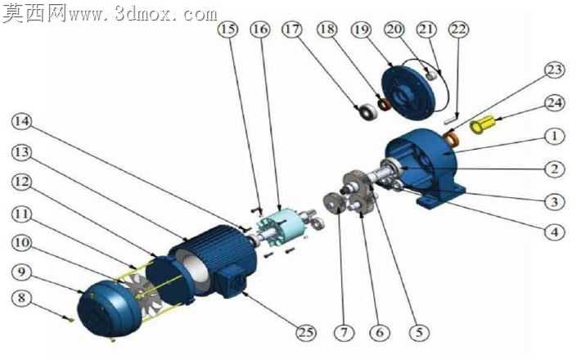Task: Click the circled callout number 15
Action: point(228,29)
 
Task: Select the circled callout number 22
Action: point(458,29)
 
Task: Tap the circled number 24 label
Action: point(554,103)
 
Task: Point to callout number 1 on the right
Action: point(554,136)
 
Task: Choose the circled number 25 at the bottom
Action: point(306,333)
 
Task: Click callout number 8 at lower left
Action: point(22,298)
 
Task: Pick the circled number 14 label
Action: point(22,121)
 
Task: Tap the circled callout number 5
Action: point(419,333)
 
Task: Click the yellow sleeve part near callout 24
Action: point(482,124)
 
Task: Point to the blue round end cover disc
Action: point(408,92)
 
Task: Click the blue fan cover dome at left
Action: point(109,308)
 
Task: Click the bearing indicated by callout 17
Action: point(368,112)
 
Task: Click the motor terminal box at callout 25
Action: point(231,282)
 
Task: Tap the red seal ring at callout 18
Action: point(385,105)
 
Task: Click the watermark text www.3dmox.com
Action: point(142,14)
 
